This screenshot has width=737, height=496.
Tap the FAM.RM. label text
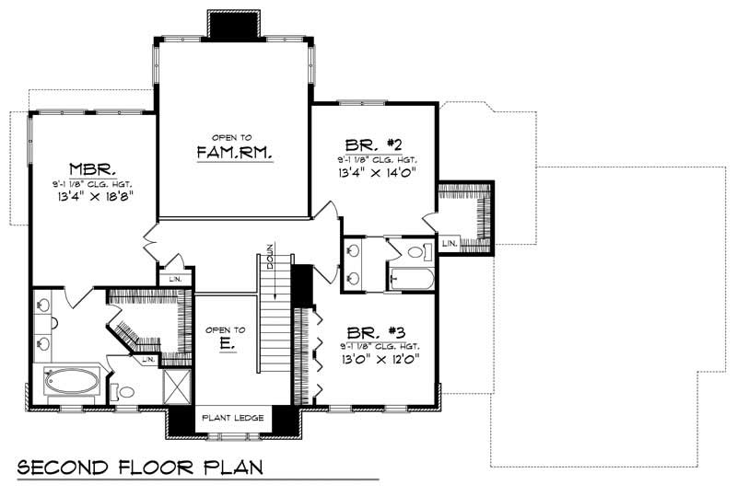pos(234,153)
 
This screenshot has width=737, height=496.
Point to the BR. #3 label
pos(380,332)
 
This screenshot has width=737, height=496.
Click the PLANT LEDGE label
pos(233,419)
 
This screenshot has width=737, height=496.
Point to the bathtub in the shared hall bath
pos(411,277)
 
